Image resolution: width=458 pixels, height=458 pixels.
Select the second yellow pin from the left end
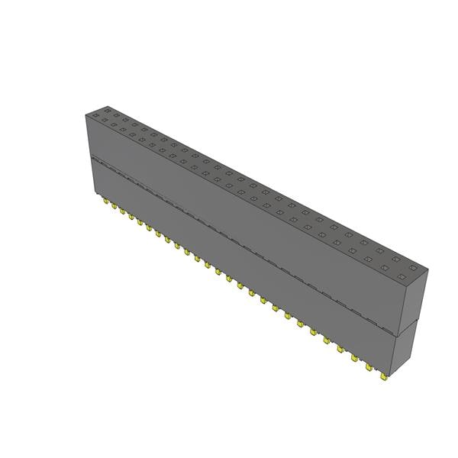point(113,207)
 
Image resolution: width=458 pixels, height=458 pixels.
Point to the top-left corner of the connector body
point(85,114)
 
